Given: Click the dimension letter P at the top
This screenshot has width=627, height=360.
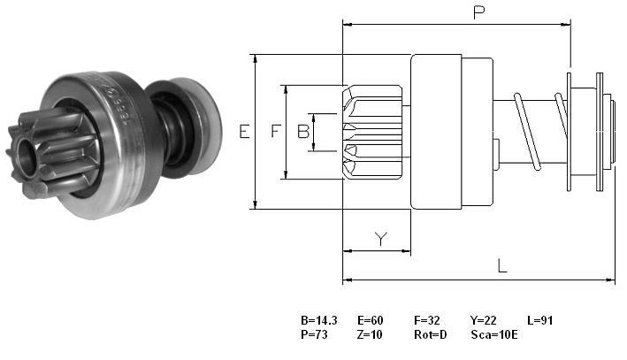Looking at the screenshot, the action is point(478,12).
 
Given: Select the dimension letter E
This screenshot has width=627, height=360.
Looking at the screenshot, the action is point(244,131).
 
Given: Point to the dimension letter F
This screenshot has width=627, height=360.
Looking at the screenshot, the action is point(276,131).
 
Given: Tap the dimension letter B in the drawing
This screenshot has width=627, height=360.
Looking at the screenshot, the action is point(303,131).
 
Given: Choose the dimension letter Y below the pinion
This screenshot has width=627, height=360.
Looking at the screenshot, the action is point(381,239).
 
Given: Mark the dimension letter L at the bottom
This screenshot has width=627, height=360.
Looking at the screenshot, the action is point(502,266).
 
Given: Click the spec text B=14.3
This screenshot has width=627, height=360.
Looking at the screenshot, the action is point(318,320).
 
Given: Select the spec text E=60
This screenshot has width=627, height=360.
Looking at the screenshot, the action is point(371,320).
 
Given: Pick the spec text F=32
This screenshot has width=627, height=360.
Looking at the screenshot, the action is point(426,320).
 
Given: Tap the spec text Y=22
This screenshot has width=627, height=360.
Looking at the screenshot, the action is point(484,320).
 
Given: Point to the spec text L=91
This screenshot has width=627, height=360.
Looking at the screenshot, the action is point(539,320).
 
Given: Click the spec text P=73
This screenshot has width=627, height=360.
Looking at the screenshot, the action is point(314,334).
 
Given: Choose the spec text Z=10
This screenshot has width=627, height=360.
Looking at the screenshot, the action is point(370,334).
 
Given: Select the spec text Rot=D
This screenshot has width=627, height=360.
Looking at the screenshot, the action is point(431,334).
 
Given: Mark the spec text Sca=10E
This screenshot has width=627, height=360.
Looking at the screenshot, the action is point(494,334).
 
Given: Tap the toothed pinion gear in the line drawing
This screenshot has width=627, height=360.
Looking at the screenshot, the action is point(372,132).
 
